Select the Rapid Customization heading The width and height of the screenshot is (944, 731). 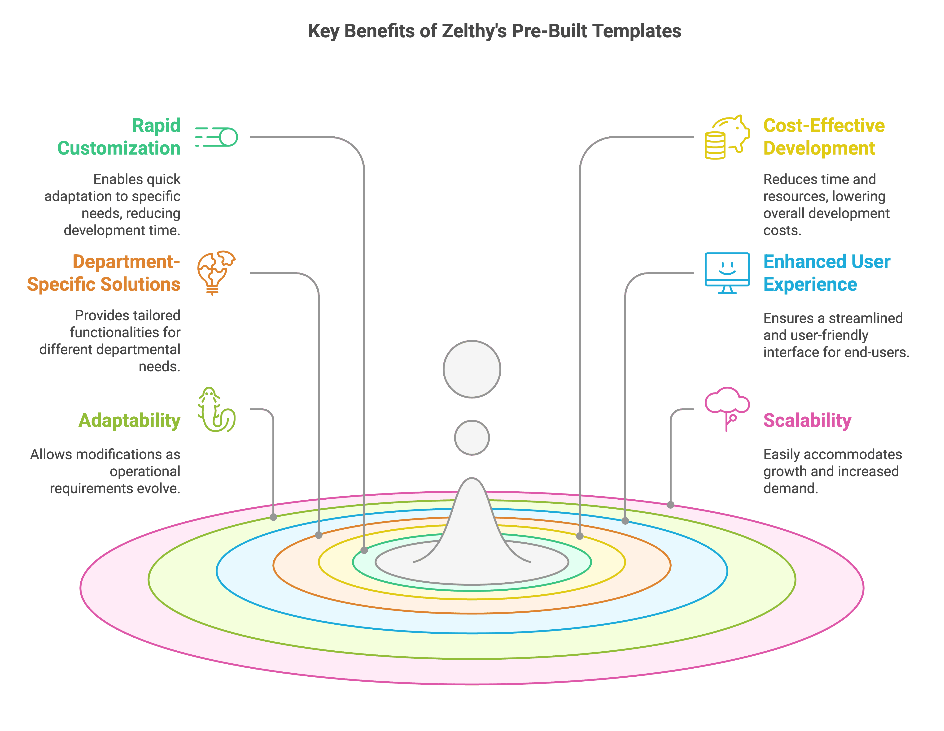[119, 137]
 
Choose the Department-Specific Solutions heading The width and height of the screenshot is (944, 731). [104, 273]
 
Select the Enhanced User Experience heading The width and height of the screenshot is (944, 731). [826, 273]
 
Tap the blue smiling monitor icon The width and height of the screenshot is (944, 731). [727, 273]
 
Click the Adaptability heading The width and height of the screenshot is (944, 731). [129, 420]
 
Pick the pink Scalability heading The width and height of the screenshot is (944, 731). [807, 420]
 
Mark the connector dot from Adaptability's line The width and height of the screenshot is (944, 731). [273, 517]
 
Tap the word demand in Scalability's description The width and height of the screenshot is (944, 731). [790, 488]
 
